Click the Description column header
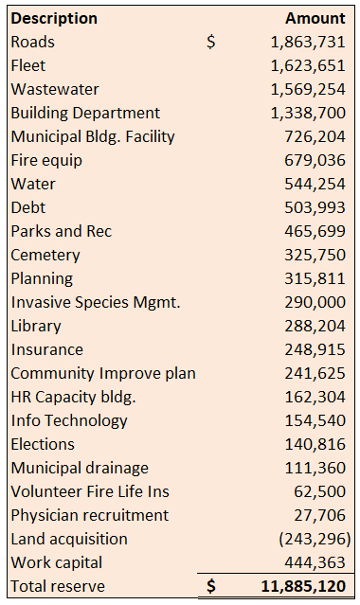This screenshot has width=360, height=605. coord(54,19)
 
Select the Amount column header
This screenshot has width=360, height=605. coord(315,18)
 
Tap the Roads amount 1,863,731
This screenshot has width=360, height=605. coord(308,42)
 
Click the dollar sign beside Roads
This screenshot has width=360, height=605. coord(211,42)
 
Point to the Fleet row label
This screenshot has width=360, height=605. coord(28,65)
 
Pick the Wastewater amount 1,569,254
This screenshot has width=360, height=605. coord(308,90)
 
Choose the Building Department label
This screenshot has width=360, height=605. coord(85,113)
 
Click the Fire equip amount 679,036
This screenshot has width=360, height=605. coord(315,161)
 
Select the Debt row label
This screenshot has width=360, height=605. coord(28,207)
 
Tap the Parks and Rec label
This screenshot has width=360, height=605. coord(62,232)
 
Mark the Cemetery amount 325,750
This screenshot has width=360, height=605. coord(315,255)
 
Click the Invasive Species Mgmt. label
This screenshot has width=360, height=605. coord(96,303)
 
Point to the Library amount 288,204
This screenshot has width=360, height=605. coord(315,326)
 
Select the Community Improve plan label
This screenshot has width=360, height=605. coord(103,373)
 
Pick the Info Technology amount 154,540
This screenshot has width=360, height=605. coord(315,421)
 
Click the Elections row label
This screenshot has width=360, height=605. coord(43,444)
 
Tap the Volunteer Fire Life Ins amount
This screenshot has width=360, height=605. coord(319,492)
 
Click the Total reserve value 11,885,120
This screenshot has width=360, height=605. coord(303,586)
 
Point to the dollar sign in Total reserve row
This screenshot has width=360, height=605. coord(211,586)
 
